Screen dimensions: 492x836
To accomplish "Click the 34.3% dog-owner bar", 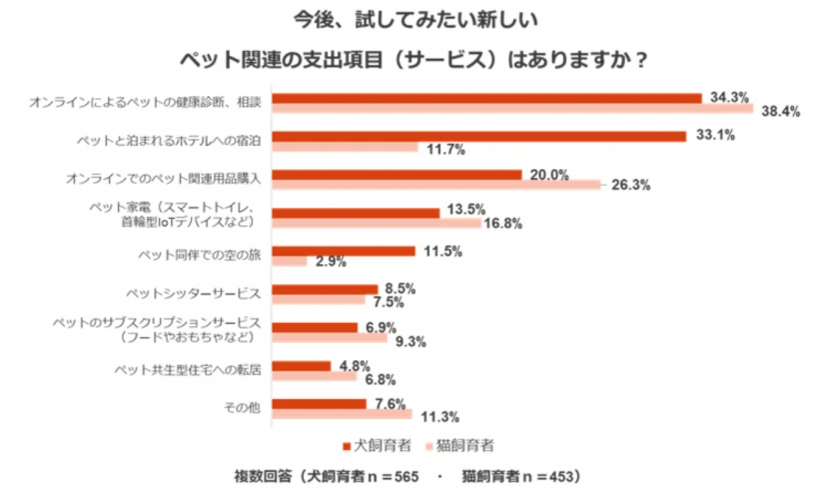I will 486,98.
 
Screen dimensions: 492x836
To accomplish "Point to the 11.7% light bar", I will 345,148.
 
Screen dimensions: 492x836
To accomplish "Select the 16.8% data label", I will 502,223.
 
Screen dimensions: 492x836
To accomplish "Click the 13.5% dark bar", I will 356,212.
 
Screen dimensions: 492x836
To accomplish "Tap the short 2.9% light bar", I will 290,261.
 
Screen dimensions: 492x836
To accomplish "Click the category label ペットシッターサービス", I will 193,293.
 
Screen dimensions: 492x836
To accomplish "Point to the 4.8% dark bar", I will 301,366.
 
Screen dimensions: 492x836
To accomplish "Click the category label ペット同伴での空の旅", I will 200,255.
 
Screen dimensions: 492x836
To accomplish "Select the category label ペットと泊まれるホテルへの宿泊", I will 168,141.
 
